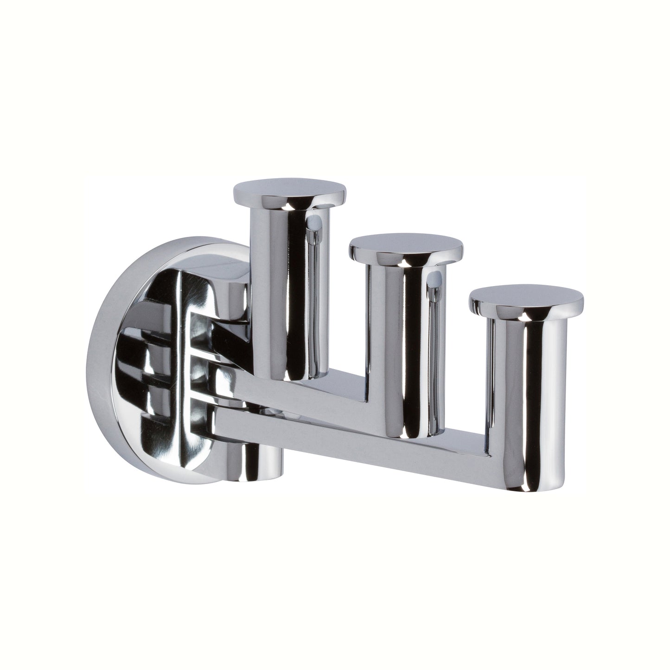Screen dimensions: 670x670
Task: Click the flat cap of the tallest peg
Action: [289, 190]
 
